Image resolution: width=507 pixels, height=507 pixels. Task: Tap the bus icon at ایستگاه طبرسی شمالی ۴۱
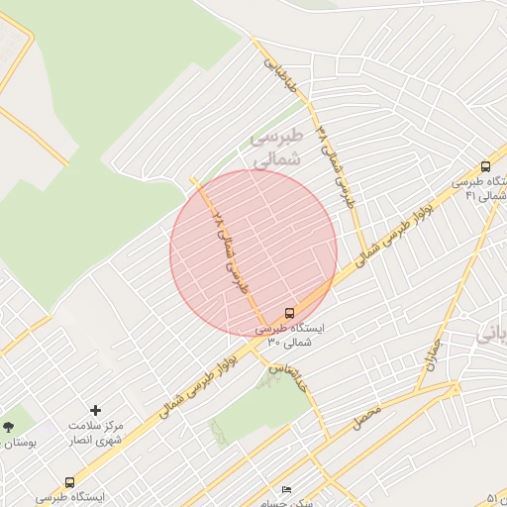tap(485, 167)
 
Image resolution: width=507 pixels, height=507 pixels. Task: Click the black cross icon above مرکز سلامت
tap(95, 410)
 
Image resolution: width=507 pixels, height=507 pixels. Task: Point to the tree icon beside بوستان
tap(9, 427)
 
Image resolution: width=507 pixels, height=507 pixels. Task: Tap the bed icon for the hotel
tap(287, 490)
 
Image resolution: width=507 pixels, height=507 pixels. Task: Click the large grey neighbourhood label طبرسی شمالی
tap(264, 148)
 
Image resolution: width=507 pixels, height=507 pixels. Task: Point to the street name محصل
tap(366, 417)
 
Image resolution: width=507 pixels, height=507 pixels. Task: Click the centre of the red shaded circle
tap(253, 253)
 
